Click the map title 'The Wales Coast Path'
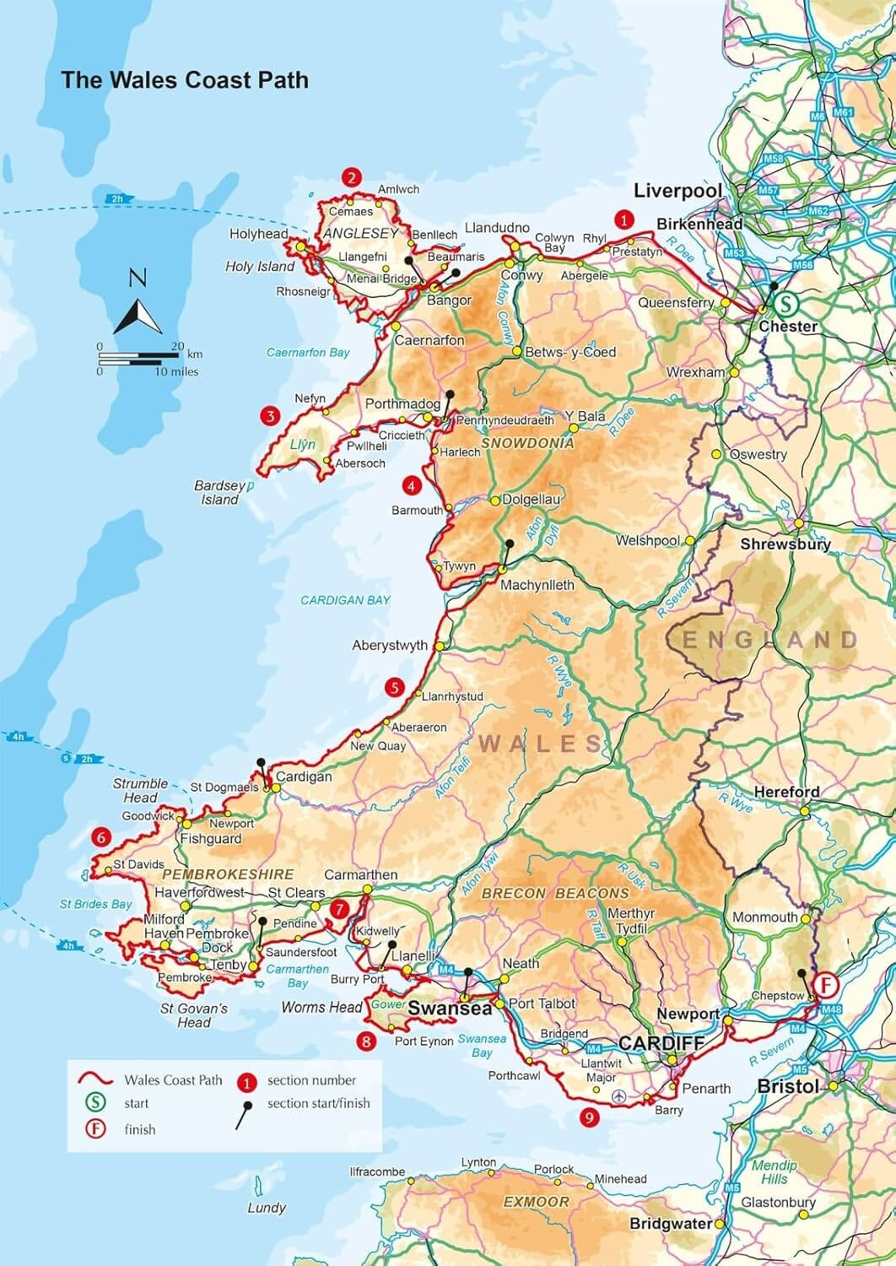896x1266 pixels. pyautogui.click(x=184, y=80)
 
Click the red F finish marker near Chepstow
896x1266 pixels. pyautogui.click(x=826, y=985)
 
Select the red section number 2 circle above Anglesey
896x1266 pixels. pyautogui.click(x=351, y=177)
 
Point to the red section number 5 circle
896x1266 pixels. pyautogui.click(x=394, y=688)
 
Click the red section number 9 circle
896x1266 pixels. pyautogui.click(x=590, y=1117)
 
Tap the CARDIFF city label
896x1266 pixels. pyautogui.click(x=661, y=1042)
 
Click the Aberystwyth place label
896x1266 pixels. pyautogui.click(x=390, y=646)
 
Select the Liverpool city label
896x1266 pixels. pyautogui.click(x=677, y=191)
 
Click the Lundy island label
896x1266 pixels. pyautogui.click(x=267, y=1208)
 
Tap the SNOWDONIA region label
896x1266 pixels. pyautogui.click(x=527, y=443)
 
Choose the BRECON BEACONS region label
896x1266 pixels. pyautogui.click(x=555, y=893)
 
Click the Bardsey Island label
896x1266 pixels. pyautogui.click(x=219, y=493)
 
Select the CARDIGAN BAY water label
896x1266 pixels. pyautogui.click(x=346, y=600)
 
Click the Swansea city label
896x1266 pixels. pyautogui.click(x=450, y=1008)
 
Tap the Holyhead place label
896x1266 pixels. pyautogui.click(x=258, y=234)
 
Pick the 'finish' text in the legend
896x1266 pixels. pyautogui.click(x=139, y=1129)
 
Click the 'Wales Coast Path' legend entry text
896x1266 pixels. pyautogui.click(x=173, y=1079)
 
